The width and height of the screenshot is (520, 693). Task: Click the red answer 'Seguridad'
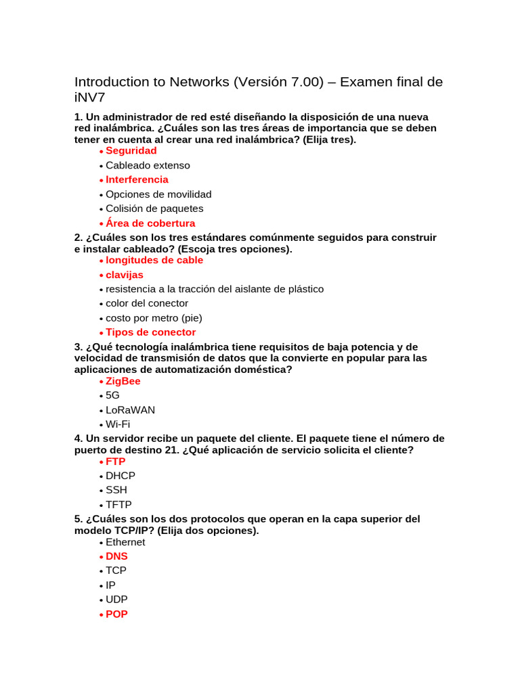pyautogui.click(x=131, y=151)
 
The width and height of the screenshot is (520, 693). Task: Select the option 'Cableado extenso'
pyautogui.click(x=148, y=165)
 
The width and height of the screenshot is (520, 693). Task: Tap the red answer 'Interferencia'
pyautogui.click(x=137, y=180)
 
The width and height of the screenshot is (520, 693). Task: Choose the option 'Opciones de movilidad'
pyautogui.click(x=158, y=194)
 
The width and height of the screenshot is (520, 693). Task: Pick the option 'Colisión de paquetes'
pyautogui.click(x=154, y=208)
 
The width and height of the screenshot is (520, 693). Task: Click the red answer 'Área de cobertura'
pyautogui.click(x=150, y=223)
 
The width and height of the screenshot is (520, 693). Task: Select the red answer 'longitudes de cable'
pyautogui.click(x=154, y=261)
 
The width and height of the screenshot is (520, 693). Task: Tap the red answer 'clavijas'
pyautogui.click(x=125, y=275)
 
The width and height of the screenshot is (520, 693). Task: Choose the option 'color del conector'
pyautogui.click(x=147, y=303)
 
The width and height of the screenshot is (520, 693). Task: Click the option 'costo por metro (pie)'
pyautogui.click(x=154, y=318)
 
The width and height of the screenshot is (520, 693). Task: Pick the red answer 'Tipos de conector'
pyautogui.click(x=150, y=332)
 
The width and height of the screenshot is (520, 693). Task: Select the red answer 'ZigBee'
pyautogui.click(x=123, y=382)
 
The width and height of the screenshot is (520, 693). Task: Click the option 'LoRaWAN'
pyautogui.click(x=130, y=410)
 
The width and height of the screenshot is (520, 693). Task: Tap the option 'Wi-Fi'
pyautogui.click(x=118, y=424)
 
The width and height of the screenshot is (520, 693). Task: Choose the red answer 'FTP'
pyautogui.click(x=116, y=462)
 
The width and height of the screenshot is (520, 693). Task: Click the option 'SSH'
pyautogui.click(x=116, y=490)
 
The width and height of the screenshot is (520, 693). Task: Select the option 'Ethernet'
pyautogui.click(x=125, y=542)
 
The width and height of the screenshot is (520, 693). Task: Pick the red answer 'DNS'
pyautogui.click(x=116, y=557)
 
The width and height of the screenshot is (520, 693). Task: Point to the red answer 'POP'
pyautogui.click(x=116, y=614)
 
